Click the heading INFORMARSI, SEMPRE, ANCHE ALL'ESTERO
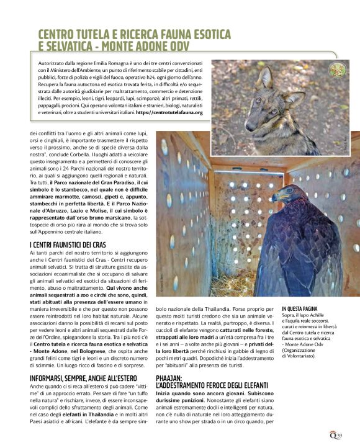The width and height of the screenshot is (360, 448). pyautogui.click(x=86, y=376)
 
